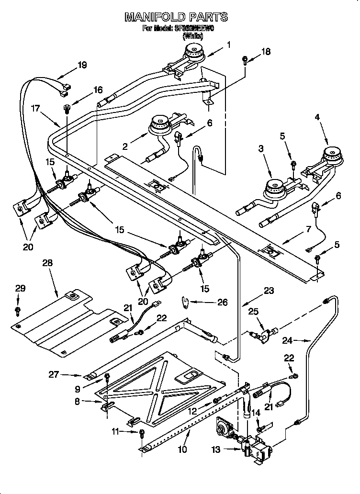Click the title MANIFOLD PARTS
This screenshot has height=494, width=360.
(x=176, y=18)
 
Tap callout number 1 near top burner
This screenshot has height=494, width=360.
(x=229, y=45)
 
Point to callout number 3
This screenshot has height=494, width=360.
(x=261, y=149)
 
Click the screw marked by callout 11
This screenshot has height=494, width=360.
(x=142, y=434)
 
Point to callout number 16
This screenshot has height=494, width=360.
(x=98, y=90)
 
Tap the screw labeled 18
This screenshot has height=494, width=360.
(x=245, y=59)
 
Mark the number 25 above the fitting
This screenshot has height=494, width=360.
(x=253, y=312)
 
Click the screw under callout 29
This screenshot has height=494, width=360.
(x=18, y=312)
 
